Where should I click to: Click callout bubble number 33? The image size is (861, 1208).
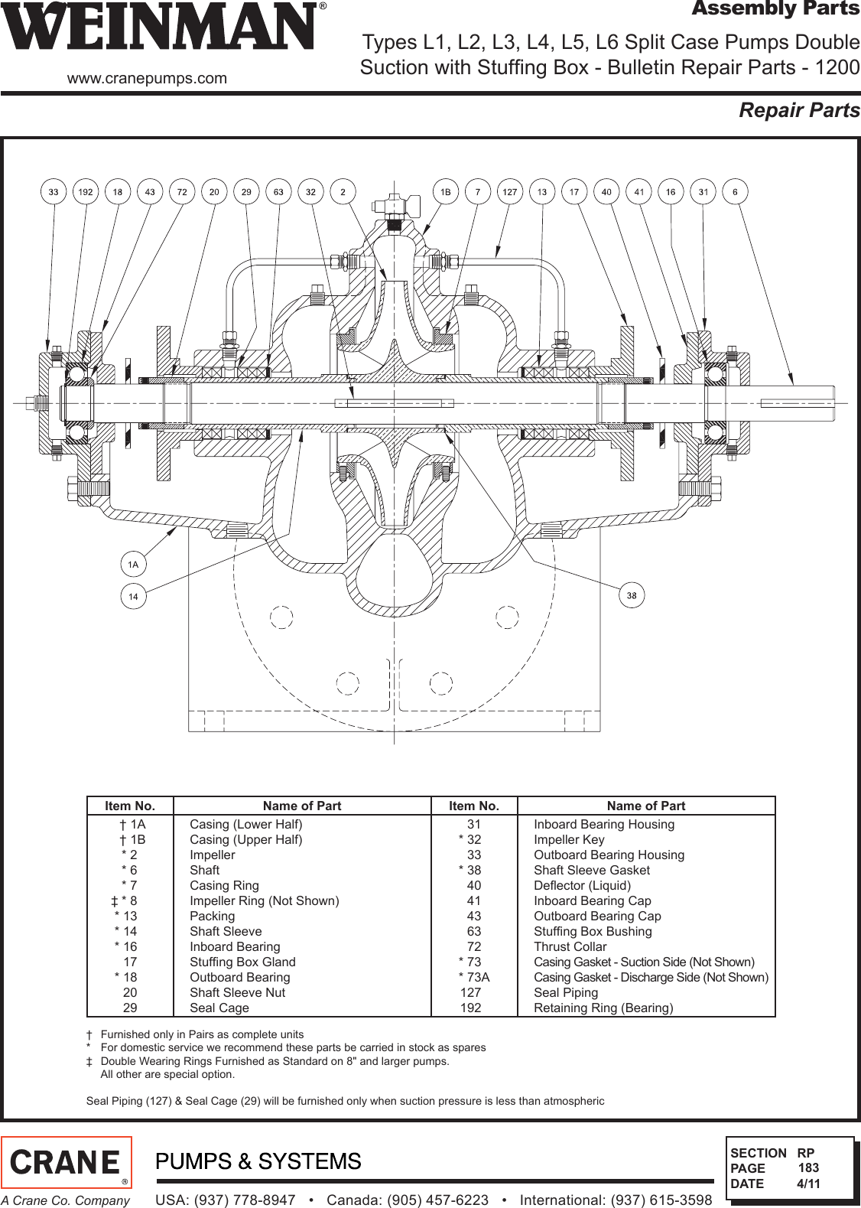click(x=54, y=192)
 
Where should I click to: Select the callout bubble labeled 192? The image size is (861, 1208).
click(x=86, y=192)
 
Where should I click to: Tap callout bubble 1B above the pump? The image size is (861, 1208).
click(x=445, y=192)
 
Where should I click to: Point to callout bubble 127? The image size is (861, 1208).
click(x=510, y=192)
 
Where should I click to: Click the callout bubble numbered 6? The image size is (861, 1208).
click(x=735, y=192)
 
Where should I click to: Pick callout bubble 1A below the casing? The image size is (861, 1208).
click(x=133, y=565)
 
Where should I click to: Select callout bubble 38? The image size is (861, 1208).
click(x=632, y=595)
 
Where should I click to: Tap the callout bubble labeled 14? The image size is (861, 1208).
click(x=133, y=597)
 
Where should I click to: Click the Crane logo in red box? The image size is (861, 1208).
click(x=67, y=1162)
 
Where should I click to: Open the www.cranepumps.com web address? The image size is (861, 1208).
click(x=147, y=78)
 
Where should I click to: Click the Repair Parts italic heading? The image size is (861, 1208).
click(x=798, y=111)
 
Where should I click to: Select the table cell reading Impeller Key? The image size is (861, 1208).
click(x=569, y=839)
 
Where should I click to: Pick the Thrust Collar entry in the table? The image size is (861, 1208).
click(x=570, y=946)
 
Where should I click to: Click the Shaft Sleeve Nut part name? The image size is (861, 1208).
click(x=237, y=992)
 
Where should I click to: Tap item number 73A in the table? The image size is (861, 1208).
click(x=476, y=977)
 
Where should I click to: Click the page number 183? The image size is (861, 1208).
click(x=808, y=1167)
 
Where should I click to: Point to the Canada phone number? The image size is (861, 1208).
click(x=408, y=1200)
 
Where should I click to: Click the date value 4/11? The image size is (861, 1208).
click(x=808, y=1184)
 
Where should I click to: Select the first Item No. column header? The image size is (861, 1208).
click(x=130, y=806)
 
